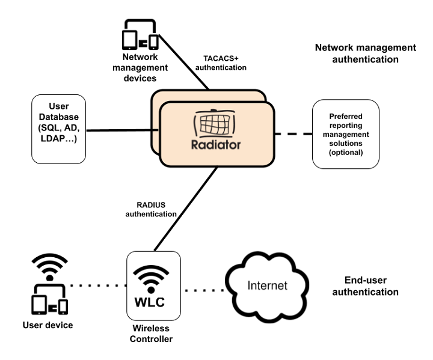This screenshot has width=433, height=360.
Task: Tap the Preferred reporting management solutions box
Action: [345, 135]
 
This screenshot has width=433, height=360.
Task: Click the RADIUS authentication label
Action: [155, 209]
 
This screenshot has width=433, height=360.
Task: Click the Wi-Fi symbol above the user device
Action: [48, 266]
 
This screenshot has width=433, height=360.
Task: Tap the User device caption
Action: [48, 325]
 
